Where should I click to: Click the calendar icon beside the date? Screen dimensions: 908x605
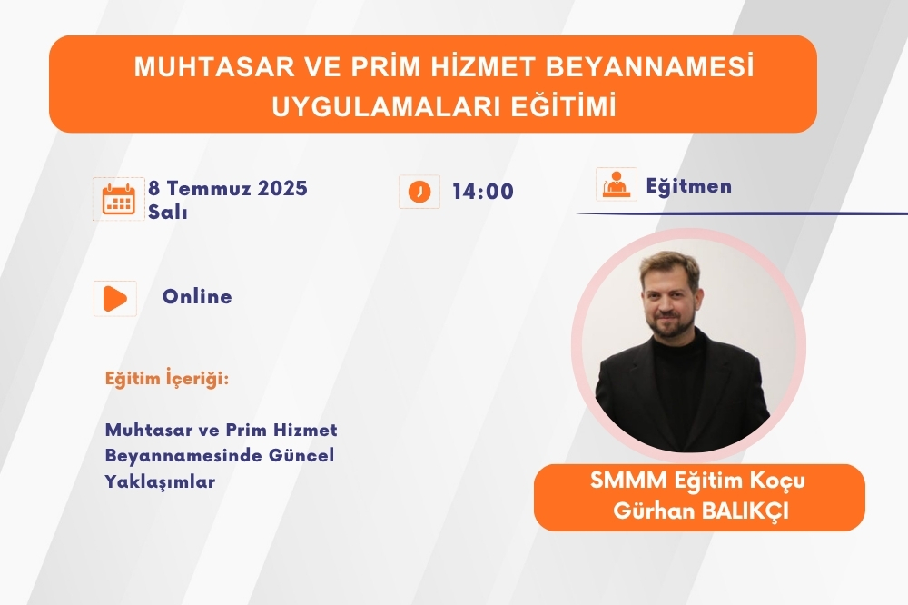119,199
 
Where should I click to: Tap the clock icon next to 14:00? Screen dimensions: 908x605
419,192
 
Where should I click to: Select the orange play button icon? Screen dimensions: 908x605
115,299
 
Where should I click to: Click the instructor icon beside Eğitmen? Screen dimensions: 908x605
617,184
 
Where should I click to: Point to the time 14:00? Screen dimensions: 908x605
483,192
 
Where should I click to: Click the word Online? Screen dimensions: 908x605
197,296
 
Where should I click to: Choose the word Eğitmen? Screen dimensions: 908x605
689,186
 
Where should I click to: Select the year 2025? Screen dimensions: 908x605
282,188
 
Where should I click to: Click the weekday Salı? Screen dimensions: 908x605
168,212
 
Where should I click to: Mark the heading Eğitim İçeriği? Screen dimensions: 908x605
167,379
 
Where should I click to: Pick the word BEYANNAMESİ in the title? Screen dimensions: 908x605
650,66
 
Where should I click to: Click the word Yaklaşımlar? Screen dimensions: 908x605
161,481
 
